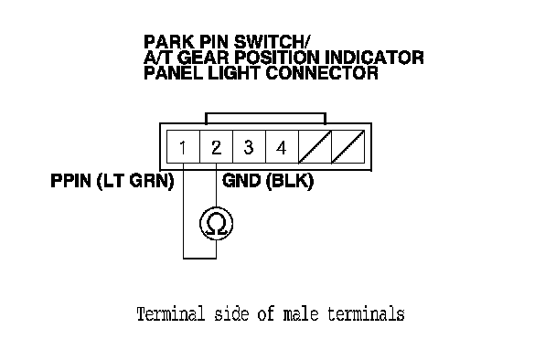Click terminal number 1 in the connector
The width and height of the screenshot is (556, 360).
pos(183,147)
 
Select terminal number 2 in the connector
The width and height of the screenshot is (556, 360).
pos(216,147)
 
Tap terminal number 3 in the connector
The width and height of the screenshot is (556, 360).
pos(249,147)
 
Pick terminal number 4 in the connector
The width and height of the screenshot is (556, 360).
pos(281,147)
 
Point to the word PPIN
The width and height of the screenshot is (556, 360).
pos(71,181)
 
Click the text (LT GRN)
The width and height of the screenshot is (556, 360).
pos(135,181)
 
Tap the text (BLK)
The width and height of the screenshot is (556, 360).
pos(289,181)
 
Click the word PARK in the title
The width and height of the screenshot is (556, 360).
pos(169,42)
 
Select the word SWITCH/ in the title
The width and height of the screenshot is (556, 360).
pos(272,42)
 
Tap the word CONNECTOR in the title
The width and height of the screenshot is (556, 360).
pos(322,73)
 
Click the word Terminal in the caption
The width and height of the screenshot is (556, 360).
pos(171,314)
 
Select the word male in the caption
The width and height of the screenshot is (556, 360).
pos(301,314)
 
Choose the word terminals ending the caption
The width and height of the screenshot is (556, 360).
pos(366,314)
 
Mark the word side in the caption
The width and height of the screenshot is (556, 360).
pos(231,314)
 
